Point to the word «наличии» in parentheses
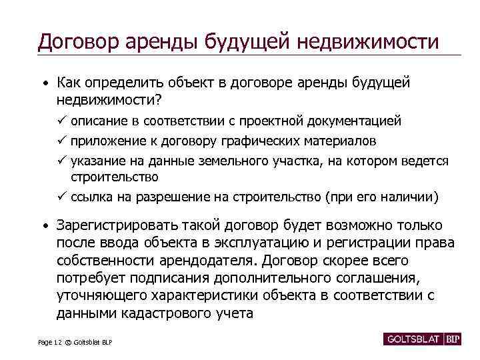pyautogui.click(x=412, y=197)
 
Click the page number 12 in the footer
pyautogui.click(x=58, y=342)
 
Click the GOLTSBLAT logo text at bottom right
pyautogui.click(x=411, y=339)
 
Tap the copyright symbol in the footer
pyautogui.click(x=68, y=342)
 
